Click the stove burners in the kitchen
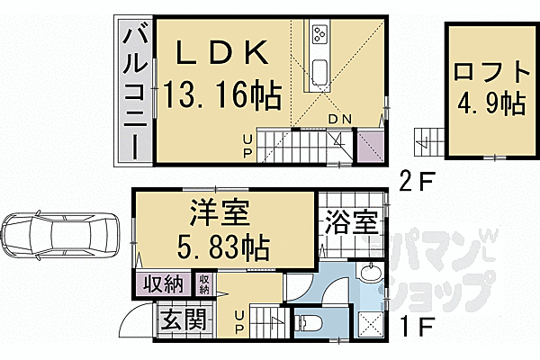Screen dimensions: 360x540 tap(318, 36)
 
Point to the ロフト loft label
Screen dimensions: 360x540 tap(486, 70)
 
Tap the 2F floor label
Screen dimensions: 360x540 tap(418, 181)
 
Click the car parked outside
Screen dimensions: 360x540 tap(59, 236)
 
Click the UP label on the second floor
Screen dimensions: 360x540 tap(247, 143)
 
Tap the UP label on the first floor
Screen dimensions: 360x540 tap(241, 322)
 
